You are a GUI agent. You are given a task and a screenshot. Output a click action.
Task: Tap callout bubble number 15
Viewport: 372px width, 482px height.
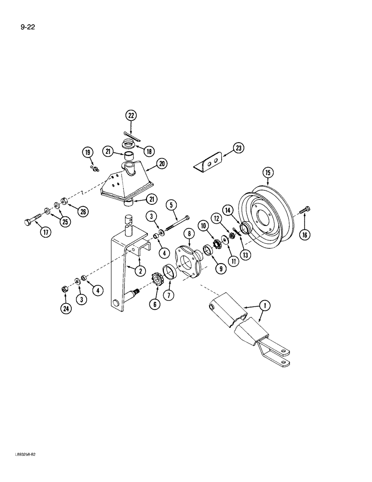coord(267,173)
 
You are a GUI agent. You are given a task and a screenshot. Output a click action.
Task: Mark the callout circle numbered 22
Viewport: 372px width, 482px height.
coord(131,115)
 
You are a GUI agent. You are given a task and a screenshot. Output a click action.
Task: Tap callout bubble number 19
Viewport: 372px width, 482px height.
coord(87,154)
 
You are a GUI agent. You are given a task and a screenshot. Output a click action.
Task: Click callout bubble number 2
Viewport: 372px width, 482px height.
coord(140,271)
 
